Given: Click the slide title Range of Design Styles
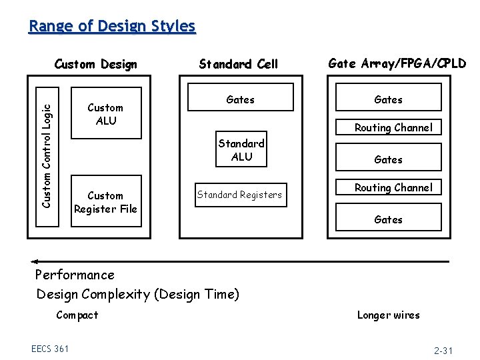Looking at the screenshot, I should tap(112, 26).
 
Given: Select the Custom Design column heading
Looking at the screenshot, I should tap(95, 64).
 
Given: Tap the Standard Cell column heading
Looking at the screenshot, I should tap(238, 64).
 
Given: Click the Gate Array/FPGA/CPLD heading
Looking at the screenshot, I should tap(397, 63).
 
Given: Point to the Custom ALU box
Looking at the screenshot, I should tap(105, 114).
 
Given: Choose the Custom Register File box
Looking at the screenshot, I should tap(105, 202).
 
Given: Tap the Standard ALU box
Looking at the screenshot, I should tap(241, 150).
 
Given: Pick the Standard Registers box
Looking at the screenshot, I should tap(239, 195).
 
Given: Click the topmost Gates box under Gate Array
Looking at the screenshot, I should tap(388, 99).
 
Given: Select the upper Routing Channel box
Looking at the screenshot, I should tap(393, 127).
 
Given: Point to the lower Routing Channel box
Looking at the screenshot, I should tap(393, 188).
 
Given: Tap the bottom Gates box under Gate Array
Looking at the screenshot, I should tap(388, 219).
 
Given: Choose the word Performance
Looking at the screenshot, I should tap(75, 275).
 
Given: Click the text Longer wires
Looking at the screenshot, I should tap(388, 315).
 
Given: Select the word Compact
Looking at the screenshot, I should tap(77, 315).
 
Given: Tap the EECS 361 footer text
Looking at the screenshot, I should tap(50, 348).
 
